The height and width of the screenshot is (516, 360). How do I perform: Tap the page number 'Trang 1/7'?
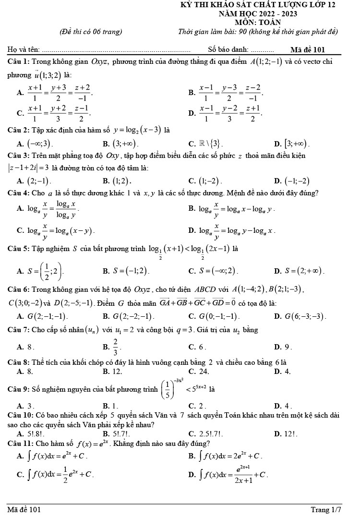pos(326,509)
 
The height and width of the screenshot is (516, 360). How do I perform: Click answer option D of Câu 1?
pos(230,114)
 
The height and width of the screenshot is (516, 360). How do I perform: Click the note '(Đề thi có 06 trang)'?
pos(90,32)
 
